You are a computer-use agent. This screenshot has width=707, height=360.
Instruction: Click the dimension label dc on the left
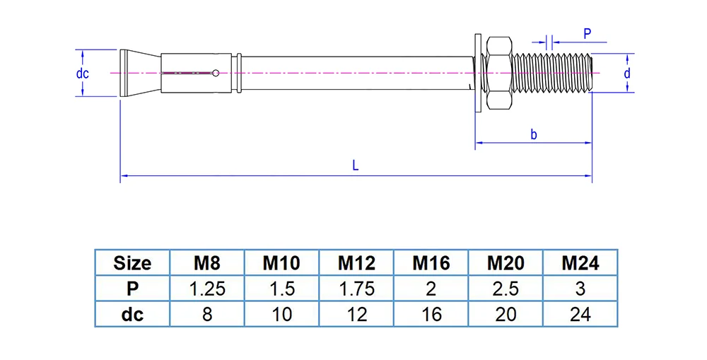[x=83, y=73]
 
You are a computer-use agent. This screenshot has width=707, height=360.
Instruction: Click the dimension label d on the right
[x=626, y=73]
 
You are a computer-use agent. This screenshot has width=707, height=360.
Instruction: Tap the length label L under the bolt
[x=356, y=166]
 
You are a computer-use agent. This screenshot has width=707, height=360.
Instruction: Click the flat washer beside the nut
[x=477, y=72]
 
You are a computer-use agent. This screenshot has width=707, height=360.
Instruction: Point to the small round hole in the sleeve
[x=214, y=71]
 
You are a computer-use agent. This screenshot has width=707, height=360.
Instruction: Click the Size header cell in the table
[x=132, y=263]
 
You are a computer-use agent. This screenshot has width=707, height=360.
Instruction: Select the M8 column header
[x=207, y=263]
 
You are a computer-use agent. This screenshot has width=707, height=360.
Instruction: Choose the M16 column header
[x=431, y=263]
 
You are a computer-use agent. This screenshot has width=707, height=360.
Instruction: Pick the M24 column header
[x=580, y=263]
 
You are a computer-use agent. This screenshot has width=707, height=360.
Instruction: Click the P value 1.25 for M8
[x=207, y=289]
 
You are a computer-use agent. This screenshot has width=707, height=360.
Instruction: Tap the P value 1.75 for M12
[x=356, y=289]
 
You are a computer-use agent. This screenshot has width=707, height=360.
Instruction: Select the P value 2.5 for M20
[x=506, y=289]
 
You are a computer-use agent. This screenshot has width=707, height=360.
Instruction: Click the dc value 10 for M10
[x=282, y=314]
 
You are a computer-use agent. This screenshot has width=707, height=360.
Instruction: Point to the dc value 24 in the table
[x=580, y=314]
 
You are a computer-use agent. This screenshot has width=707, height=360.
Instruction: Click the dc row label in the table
[x=132, y=314]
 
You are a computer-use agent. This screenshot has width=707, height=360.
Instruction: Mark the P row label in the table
[x=132, y=289]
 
